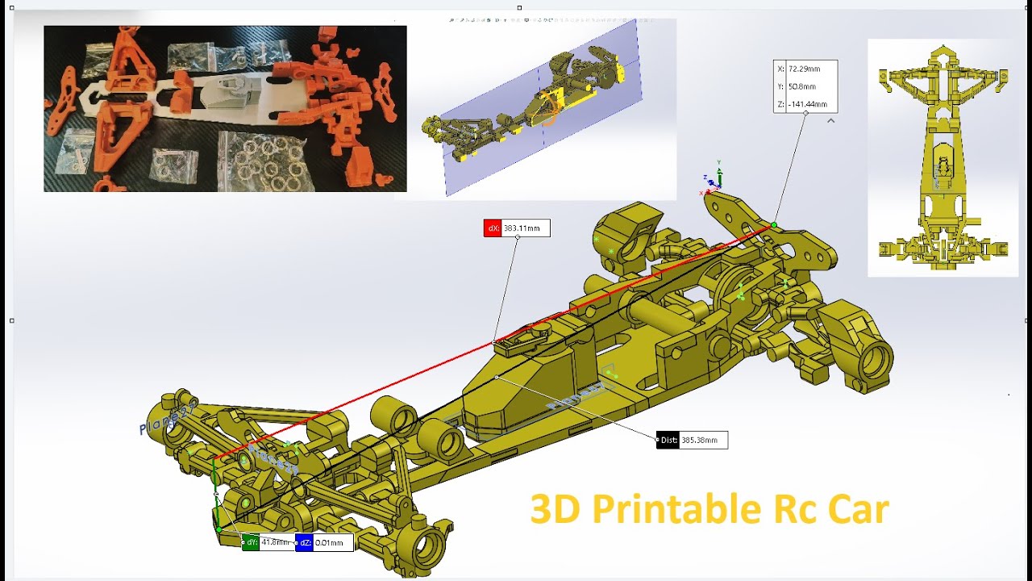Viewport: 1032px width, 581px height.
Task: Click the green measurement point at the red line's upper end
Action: (x=774, y=225)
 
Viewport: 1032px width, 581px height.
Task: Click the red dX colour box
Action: (x=493, y=228)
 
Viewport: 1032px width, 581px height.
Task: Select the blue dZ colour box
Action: (x=304, y=543)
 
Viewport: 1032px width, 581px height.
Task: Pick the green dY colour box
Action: (x=251, y=543)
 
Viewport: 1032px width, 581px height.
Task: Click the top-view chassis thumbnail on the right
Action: (x=942, y=157)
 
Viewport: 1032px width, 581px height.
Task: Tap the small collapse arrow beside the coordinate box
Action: (x=830, y=121)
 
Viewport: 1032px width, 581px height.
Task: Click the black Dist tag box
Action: (x=668, y=441)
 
